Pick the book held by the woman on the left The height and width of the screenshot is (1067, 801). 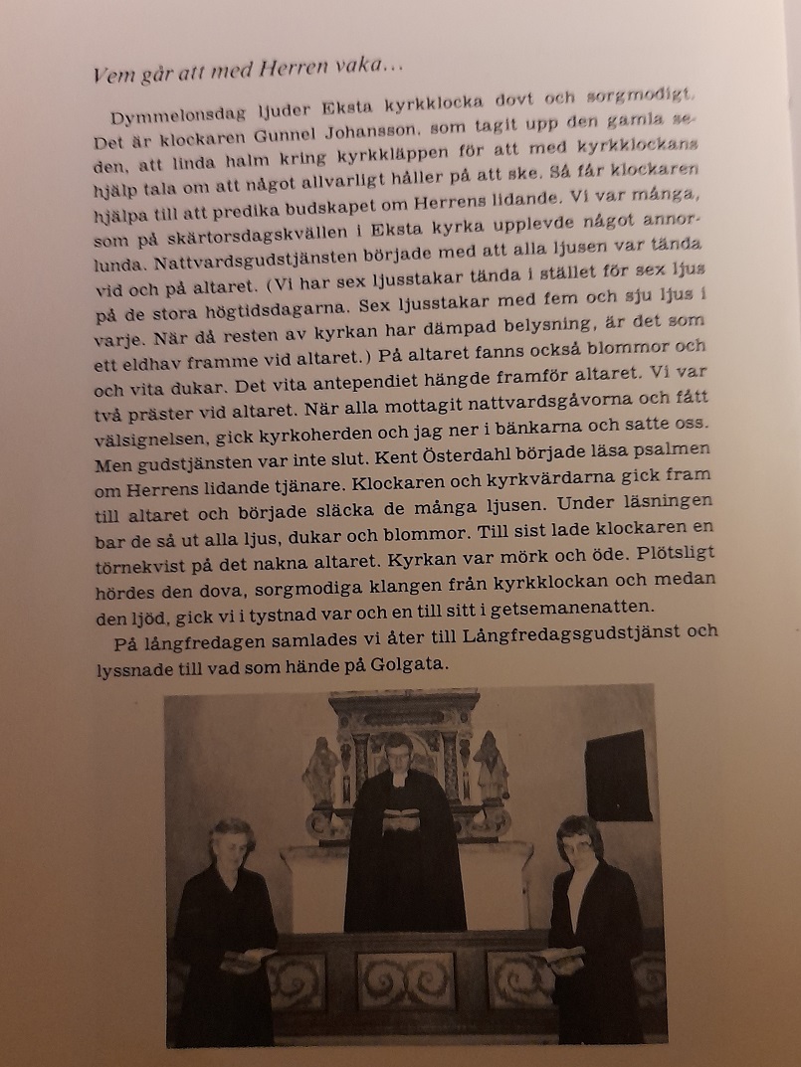pos(248,957)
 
